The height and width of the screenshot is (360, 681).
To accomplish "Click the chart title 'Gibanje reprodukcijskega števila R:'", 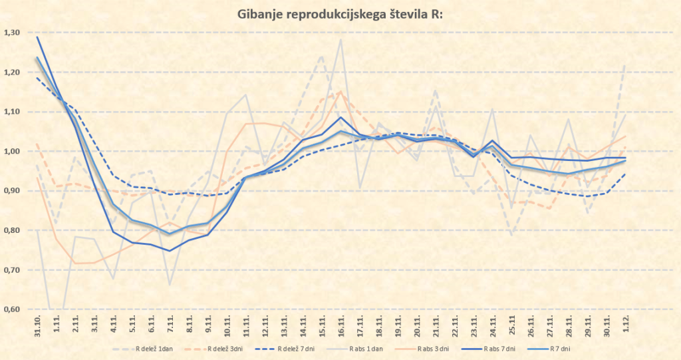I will click(340, 14).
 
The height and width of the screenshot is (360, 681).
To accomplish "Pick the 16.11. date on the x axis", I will click(340, 325).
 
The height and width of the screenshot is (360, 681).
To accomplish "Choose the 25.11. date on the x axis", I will click(511, 325).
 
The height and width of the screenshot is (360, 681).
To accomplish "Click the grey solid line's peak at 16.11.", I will click(341, 39).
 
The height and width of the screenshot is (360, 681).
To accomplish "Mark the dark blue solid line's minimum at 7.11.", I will click(171, 251).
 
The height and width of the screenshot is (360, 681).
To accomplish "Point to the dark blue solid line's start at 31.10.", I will click(38, 37).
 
